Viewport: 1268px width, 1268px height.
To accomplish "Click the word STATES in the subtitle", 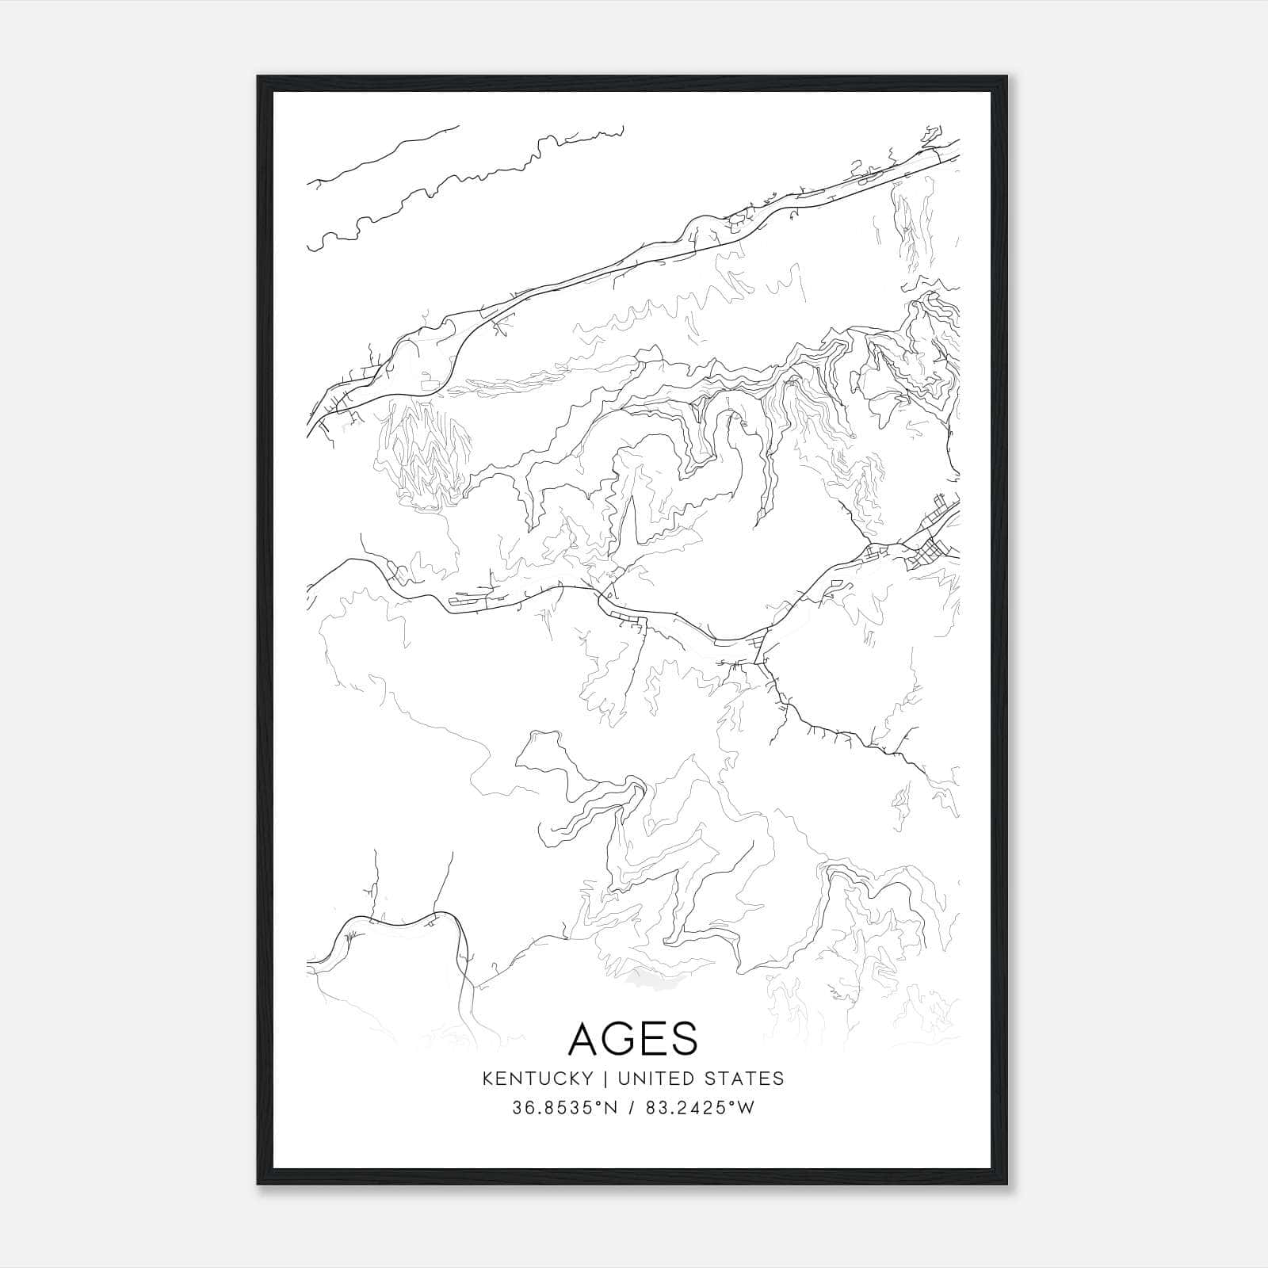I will coord(744,1079).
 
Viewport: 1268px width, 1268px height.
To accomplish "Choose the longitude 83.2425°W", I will coord(700,1108).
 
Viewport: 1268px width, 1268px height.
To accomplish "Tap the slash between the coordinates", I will coord(631,1108).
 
